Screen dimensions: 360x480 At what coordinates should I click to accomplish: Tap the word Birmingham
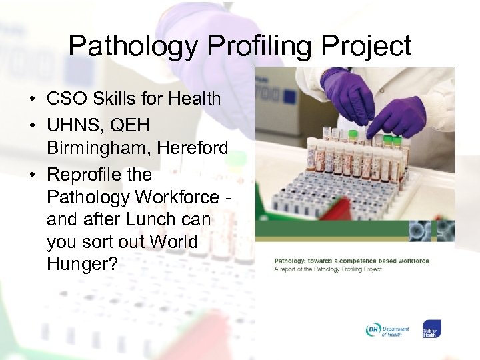tap(99, 147)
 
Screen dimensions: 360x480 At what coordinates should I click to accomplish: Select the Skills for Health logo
tap(431, 330)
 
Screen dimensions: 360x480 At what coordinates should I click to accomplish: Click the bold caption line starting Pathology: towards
tap(351, 261)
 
